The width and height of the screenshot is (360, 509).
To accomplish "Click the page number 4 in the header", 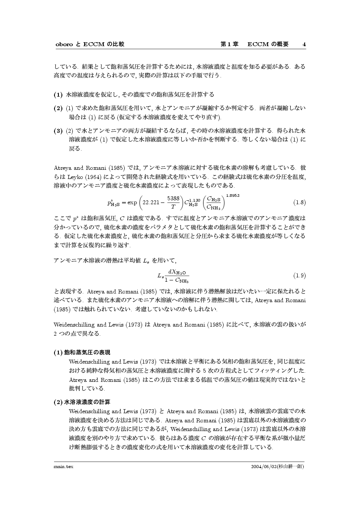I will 304,44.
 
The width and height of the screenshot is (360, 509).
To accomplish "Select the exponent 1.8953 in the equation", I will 233,195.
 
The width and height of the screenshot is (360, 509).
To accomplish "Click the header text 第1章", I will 229,44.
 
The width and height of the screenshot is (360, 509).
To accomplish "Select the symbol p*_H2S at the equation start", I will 113,202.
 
